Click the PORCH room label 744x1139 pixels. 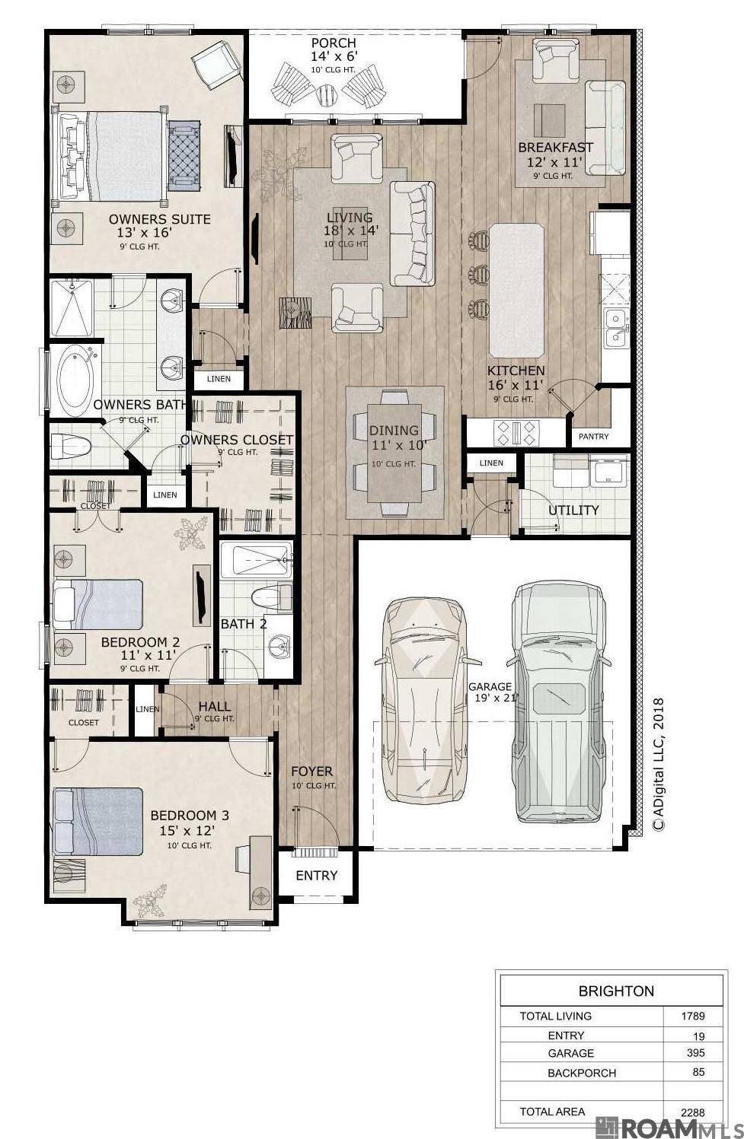click(x=333, y=43)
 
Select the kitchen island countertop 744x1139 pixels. click(x=516, y=289)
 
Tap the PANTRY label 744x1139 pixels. click(x=593, y=436)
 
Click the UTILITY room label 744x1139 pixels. click(x=573, y=510)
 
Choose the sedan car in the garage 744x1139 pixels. click(x=423, y=700)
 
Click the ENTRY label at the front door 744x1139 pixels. click(x=316, y=875)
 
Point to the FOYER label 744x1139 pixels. click(x=311, y=771)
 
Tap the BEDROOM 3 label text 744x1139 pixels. click(x=190, y=815)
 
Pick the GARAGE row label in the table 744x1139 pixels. click(x=570, y=1053)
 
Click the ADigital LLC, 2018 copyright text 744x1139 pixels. click(x=659, y=764)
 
